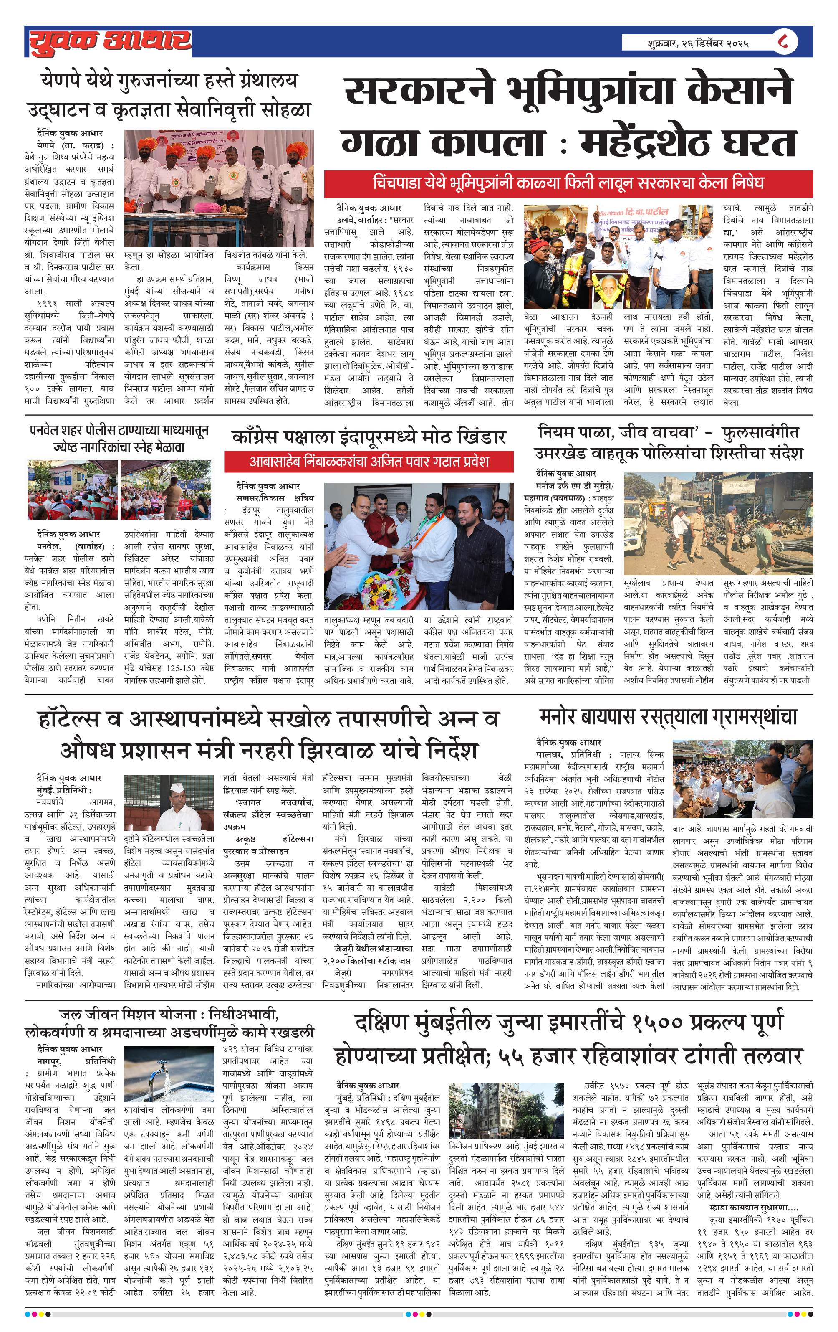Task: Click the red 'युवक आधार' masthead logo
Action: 111,42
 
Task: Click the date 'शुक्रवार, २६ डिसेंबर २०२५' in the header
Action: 698,43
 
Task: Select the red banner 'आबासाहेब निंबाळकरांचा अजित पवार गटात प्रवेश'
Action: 369,461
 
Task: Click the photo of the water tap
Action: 169,1074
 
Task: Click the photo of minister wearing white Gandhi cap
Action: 169,803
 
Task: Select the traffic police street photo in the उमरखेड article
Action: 717,523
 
